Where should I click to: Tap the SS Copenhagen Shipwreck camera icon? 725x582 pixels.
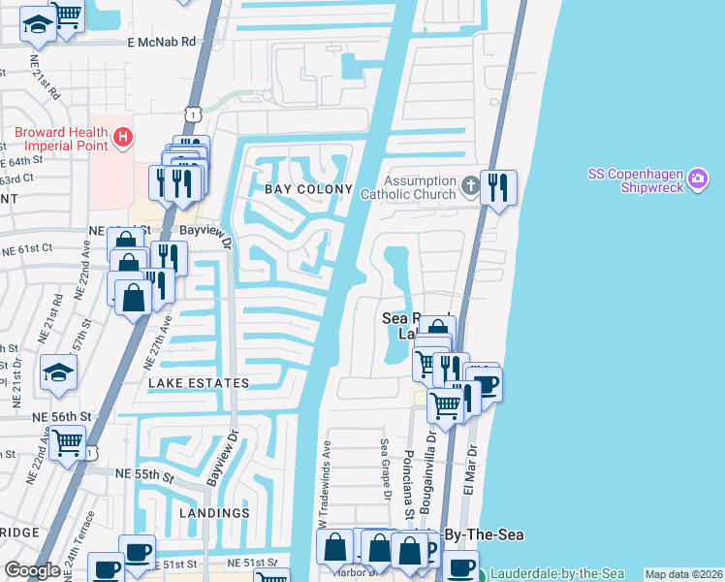(699, 180)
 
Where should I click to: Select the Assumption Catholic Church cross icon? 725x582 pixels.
(469, 184)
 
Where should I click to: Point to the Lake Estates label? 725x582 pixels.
(199, 383)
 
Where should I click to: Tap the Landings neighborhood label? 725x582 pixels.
(214, 512)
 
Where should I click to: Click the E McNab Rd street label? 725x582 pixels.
(161, 43)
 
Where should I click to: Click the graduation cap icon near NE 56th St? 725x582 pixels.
(58, 374)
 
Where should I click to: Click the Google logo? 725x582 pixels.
(33, 570)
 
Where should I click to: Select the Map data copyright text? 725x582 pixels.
(683, 574)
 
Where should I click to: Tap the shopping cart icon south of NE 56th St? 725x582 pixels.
(68, 444)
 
